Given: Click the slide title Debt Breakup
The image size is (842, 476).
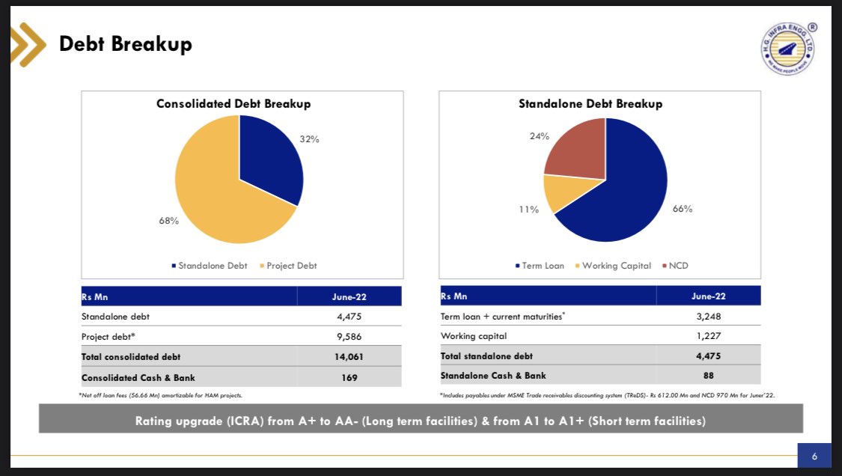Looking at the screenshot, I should (x=126, y=44).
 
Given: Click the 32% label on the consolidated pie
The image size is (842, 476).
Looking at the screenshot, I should (x=310, y=139).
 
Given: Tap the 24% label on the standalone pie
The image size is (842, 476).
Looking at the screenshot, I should (x=540, y=136).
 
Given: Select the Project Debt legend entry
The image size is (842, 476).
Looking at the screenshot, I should (x=288, y=266).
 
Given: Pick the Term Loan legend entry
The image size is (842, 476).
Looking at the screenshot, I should (x=541, y=266).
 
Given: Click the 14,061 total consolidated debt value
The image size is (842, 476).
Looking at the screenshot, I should (x=350, y=356).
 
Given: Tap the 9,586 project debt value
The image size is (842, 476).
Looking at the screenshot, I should (x=350, y=337).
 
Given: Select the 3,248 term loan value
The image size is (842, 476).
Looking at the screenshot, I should (x=708, y=317).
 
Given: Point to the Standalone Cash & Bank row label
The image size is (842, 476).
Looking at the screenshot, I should (x=493, y=375).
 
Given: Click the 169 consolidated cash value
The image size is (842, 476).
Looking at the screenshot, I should (x=350, y=376).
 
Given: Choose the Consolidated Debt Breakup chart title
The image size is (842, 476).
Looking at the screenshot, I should (x=233, y=104).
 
